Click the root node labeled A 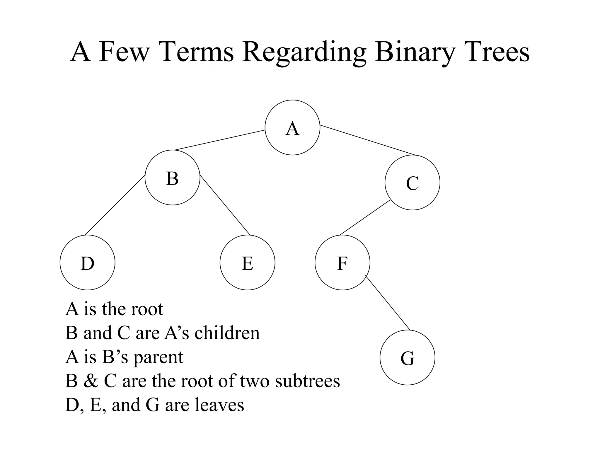coord(292,127)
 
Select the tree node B coord(172,178)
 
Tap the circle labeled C coord(412,183)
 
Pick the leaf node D coord(87,262)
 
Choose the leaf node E coord(247,262)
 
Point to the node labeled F coord(342,262)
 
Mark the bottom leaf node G coord(407,357)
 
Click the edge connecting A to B coord(220,140)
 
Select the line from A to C coord(368,140)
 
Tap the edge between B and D coord(115,205)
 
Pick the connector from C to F coord(365,218)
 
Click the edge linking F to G coord(387,302)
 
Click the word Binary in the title coord(415,52)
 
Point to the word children coord(227,333)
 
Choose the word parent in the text coord(158,357)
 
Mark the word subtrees coord(307,381)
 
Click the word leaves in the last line coord(219,405)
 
